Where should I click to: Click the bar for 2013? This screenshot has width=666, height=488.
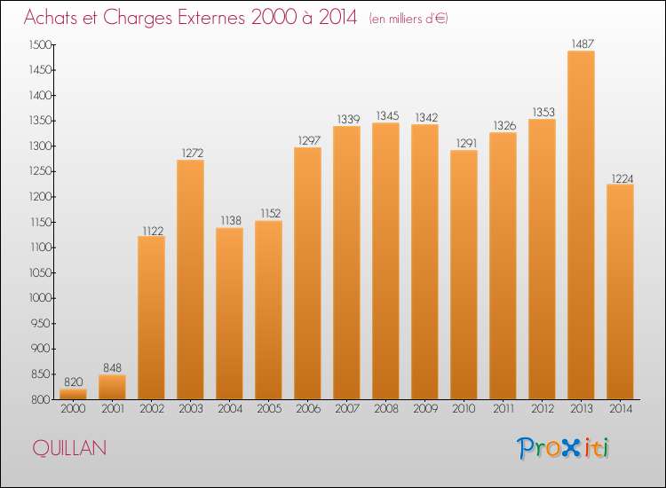click(x=581, y=224)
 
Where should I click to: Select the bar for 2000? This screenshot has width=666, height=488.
click(x=73, y=394)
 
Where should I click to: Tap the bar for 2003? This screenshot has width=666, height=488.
click(x=190, y=279)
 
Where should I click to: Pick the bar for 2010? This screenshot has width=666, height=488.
click(x=464, y=274)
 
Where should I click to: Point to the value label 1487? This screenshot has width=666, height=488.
click(x=583, y=44)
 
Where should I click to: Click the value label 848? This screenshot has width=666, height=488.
click(x=112, y=367)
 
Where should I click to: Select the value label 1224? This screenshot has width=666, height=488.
click(x=622, y=178)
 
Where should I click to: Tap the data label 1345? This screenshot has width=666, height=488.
click(x=387, y=116)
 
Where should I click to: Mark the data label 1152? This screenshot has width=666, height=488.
click(x=270, y=214)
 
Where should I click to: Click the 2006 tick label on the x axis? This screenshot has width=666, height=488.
click(x=308, y=409)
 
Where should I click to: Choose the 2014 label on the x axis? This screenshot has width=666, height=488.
click(x=621, y=409)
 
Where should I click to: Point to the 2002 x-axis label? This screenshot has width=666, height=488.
click(x=152, y=409)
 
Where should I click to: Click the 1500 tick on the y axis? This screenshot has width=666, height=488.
click(x=40, y=45)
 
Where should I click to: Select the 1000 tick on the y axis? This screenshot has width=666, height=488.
click(x=40, y=298)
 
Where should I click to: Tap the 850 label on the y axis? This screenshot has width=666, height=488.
click(x=41, y=374)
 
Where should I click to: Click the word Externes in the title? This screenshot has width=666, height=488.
click(x=211, y=18)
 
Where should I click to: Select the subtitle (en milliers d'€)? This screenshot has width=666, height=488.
click(x=408, y=19)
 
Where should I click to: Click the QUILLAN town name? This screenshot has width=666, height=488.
click(x=69, y=448)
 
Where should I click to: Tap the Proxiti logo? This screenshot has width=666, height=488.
click(x=563, y=448)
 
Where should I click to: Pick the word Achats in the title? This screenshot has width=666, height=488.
click(x=50, y=18)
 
